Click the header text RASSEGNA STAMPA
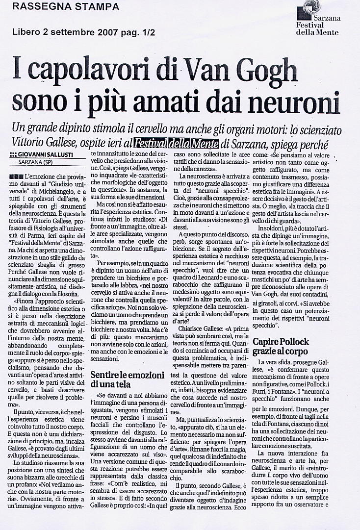click(x=65, y=7)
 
